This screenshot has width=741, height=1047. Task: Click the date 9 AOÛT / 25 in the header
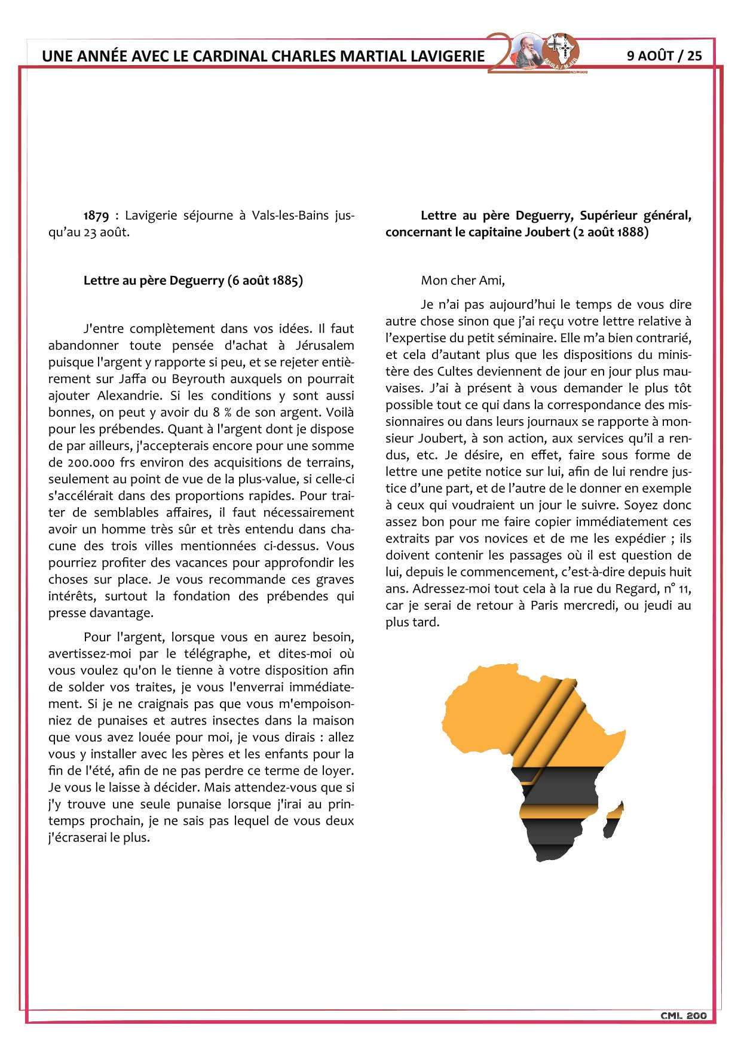(x=664, y=56)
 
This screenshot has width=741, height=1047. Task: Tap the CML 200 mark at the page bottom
(x=684, y=1015)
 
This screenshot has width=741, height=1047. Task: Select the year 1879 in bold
(x=96, y=216)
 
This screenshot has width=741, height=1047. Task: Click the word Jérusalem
(x=324, y=345)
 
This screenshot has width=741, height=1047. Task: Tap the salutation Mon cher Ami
(x=463, y=281)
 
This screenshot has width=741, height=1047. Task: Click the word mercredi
(x=583, y=605)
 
